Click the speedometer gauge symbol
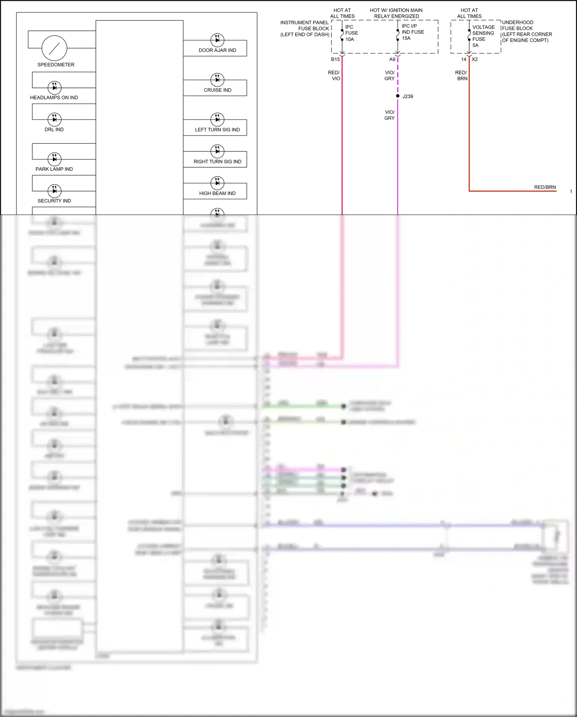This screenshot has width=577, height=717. (x=54, y=48)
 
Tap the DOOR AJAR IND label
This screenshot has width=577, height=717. (x=217, y=50)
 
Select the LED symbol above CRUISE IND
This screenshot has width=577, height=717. (x=217, y=80)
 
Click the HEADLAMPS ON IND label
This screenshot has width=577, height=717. (x=54, y=98)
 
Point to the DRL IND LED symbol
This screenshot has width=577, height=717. (x=54, y=119)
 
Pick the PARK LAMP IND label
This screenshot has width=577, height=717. (x=54, y=169)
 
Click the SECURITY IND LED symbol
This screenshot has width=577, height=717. (x=54, y=191)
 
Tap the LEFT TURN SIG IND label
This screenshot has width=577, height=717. (x=217, y=130)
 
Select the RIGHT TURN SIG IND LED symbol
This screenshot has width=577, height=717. (x=217, y=151)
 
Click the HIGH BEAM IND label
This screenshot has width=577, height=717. (x=217, y=193)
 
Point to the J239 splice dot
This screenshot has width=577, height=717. (x=398, y=96)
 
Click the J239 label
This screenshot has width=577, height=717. (x=408, y=97)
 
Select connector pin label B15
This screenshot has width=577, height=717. (x=335, y=59)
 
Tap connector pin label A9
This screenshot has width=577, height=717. (x=392, y=59)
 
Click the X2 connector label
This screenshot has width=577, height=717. (x=475, y=59)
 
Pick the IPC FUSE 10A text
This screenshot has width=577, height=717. (x=351, y=33)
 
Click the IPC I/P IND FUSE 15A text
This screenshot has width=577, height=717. (x=413, y=32)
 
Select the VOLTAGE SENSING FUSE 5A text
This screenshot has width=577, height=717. (x=483, y=36)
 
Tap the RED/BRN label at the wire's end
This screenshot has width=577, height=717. (x=545, y=187)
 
